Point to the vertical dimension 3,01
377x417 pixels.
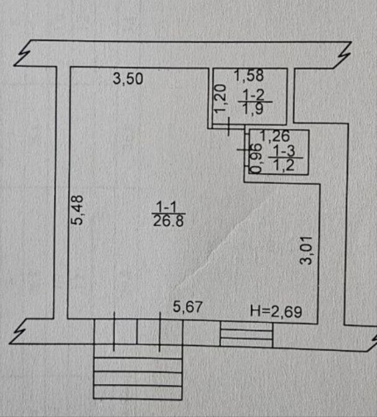[305, 250]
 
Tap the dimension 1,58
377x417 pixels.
[249, 76]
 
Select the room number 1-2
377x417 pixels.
[252, 93]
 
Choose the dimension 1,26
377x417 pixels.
[274, 134]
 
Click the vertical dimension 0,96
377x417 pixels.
[254, 157]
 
